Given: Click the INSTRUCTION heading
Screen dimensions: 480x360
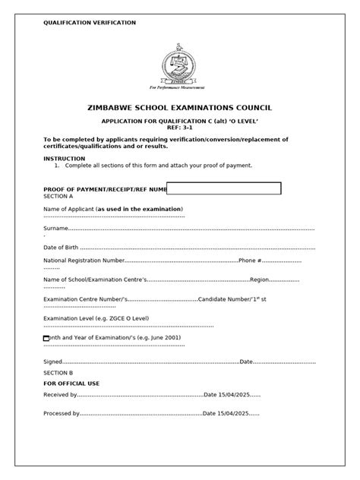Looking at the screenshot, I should (65, 158).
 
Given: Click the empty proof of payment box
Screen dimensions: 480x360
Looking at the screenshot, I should (224, 188).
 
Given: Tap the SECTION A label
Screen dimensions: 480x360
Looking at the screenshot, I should (58, 195).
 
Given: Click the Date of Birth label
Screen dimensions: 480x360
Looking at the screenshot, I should (61, 248).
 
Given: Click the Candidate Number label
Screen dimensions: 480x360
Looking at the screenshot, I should (224, 300).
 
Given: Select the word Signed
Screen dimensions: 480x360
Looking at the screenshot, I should (52, 362).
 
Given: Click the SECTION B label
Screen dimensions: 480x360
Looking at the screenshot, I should (58, 373).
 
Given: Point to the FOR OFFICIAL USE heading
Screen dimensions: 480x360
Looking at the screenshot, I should (71, 384).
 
